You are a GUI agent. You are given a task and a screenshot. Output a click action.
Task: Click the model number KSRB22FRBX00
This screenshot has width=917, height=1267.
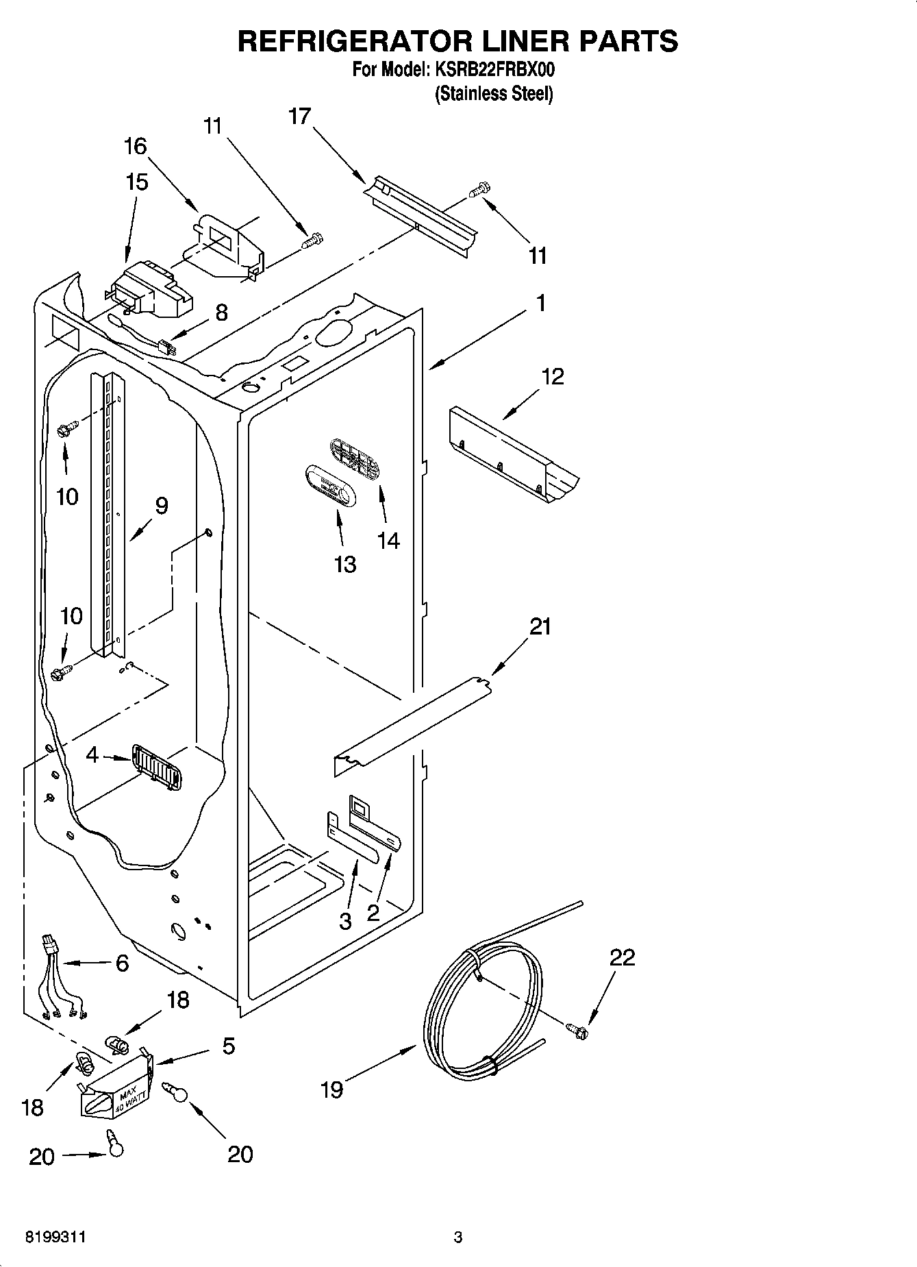coord(491,70)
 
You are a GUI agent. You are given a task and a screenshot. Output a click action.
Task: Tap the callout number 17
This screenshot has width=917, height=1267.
coord(299,116)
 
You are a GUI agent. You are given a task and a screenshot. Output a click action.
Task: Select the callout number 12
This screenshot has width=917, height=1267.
coord(553,376)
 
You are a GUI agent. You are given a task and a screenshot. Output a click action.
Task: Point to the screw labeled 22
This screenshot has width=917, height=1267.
coord(577,1028)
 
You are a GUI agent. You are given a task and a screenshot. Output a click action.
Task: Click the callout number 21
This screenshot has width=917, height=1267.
coord(540,626)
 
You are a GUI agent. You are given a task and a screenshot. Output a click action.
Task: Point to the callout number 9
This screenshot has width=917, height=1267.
coord(161,506)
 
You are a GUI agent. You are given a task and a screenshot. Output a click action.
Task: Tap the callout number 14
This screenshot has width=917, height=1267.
coord(388,541)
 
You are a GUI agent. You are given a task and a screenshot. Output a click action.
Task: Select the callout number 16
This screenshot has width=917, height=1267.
coord(136,146)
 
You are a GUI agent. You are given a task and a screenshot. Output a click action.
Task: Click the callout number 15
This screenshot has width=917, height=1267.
coord(136,182)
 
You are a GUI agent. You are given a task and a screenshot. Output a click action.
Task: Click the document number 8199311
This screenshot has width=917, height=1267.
coord(55,1238)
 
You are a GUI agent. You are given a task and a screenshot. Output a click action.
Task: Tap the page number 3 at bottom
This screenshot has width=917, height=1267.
coord(458,1238)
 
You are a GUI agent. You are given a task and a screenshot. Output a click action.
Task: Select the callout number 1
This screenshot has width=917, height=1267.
coord(541,302)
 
